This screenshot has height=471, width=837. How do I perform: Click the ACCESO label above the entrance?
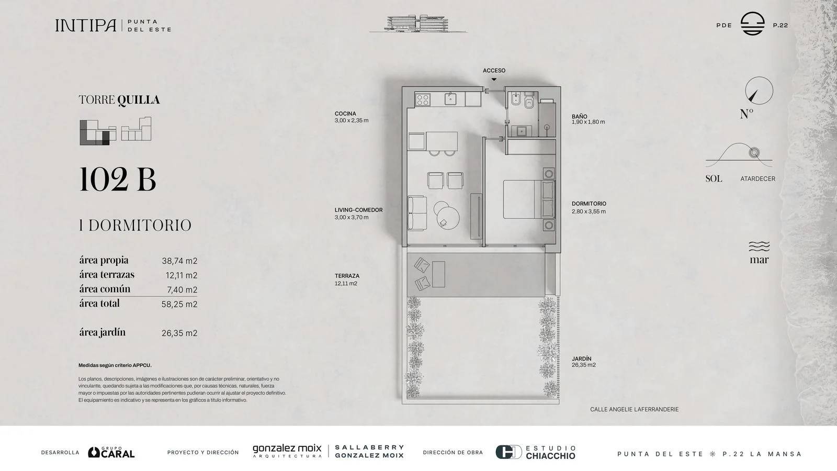click(494, 71)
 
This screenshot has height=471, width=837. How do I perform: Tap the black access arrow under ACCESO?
click(494, 79)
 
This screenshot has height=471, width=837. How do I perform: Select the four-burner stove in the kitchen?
click(423, 100)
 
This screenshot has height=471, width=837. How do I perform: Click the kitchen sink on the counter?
click(450, 99)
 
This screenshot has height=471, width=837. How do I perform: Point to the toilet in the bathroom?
click(529, 101)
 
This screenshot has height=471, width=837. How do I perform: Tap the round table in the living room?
click(448, 218)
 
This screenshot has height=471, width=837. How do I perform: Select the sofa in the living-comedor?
click(417, 212)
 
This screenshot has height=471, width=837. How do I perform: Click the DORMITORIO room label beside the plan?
click(589, 204)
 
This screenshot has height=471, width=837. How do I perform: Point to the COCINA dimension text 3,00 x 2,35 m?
click(352, 120)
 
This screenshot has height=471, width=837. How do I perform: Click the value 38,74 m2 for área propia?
click(179, 261)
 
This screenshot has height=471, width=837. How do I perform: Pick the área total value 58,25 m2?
click(179, 304)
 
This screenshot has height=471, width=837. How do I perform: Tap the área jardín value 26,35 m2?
click(179, 333)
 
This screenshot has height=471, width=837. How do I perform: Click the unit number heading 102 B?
click(118, 180)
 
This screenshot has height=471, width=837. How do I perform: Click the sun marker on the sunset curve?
click(754, 153)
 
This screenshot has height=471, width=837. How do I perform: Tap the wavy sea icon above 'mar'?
click(759, 246)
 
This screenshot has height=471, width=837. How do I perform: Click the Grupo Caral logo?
click(111, 452)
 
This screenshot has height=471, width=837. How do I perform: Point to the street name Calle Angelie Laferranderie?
click(635, 409)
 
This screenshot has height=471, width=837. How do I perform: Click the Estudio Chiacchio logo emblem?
click(508, 452)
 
